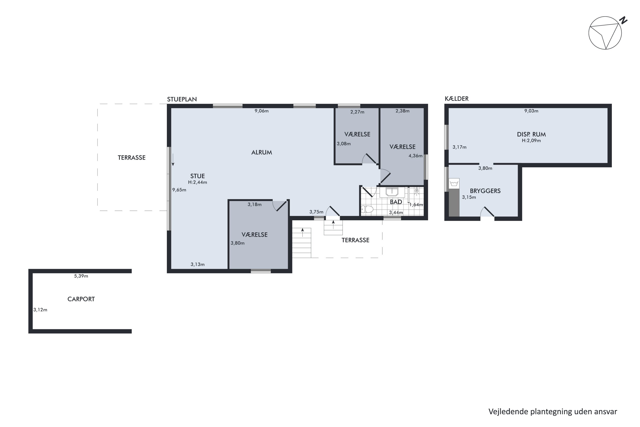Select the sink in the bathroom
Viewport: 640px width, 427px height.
point(392,192)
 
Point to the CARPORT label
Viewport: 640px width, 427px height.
point(81,299)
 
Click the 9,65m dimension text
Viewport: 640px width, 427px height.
point(179,190)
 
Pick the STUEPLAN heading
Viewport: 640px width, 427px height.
point(182,99)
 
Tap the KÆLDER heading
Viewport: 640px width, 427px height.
point(457,99)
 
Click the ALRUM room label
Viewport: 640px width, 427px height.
point(262,152)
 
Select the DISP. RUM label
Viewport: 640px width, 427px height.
point(531,134)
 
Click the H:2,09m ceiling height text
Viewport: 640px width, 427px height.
point(531,140)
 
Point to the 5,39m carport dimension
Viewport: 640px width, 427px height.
point(81,276)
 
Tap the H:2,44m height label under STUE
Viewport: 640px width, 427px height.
point(198,182)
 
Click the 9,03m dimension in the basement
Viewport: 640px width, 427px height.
point(531,111)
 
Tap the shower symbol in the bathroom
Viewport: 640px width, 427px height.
point(417,191)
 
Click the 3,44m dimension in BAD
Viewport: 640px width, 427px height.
point(396,212)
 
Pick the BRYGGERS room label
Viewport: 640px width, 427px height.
point(485,191)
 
